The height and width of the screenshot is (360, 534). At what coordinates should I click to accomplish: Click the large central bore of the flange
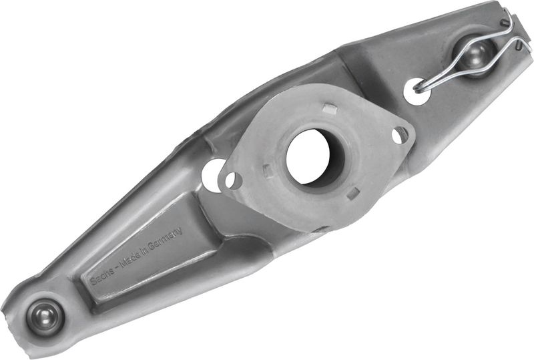308,158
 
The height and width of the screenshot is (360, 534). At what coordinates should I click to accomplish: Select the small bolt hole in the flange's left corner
233,180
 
